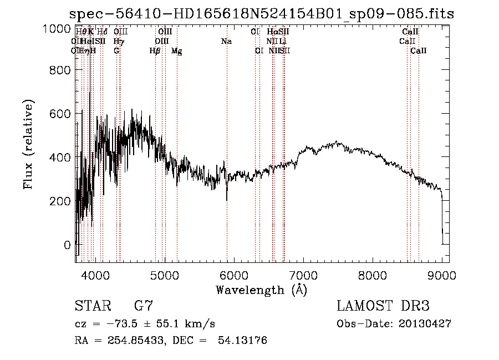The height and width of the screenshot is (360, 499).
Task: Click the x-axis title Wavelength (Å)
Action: pyautogui.click(x=261, y=290)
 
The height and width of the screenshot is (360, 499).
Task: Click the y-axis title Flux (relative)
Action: pyautogui.click(x=28, y=144)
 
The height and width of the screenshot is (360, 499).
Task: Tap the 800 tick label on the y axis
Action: pyautogui.click(x=59, y=70)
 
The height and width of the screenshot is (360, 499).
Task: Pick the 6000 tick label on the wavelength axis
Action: pyautogui.click(x=233, y=275)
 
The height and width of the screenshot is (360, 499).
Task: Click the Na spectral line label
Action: pyautogui.click(x=226, y=42)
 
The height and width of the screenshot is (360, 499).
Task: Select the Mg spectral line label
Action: pyautogui.click(x=176, y=51)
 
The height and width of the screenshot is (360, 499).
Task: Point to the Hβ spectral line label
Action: pyautogui.click(x=155, y=51)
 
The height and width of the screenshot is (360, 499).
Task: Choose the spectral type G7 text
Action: pyautogui.click(x=143, y=306)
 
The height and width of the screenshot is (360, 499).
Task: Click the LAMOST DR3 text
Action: pyautogui.click(x=383, y=306)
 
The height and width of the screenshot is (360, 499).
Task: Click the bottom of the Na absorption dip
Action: pyautogui.click(x=227, y=200)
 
